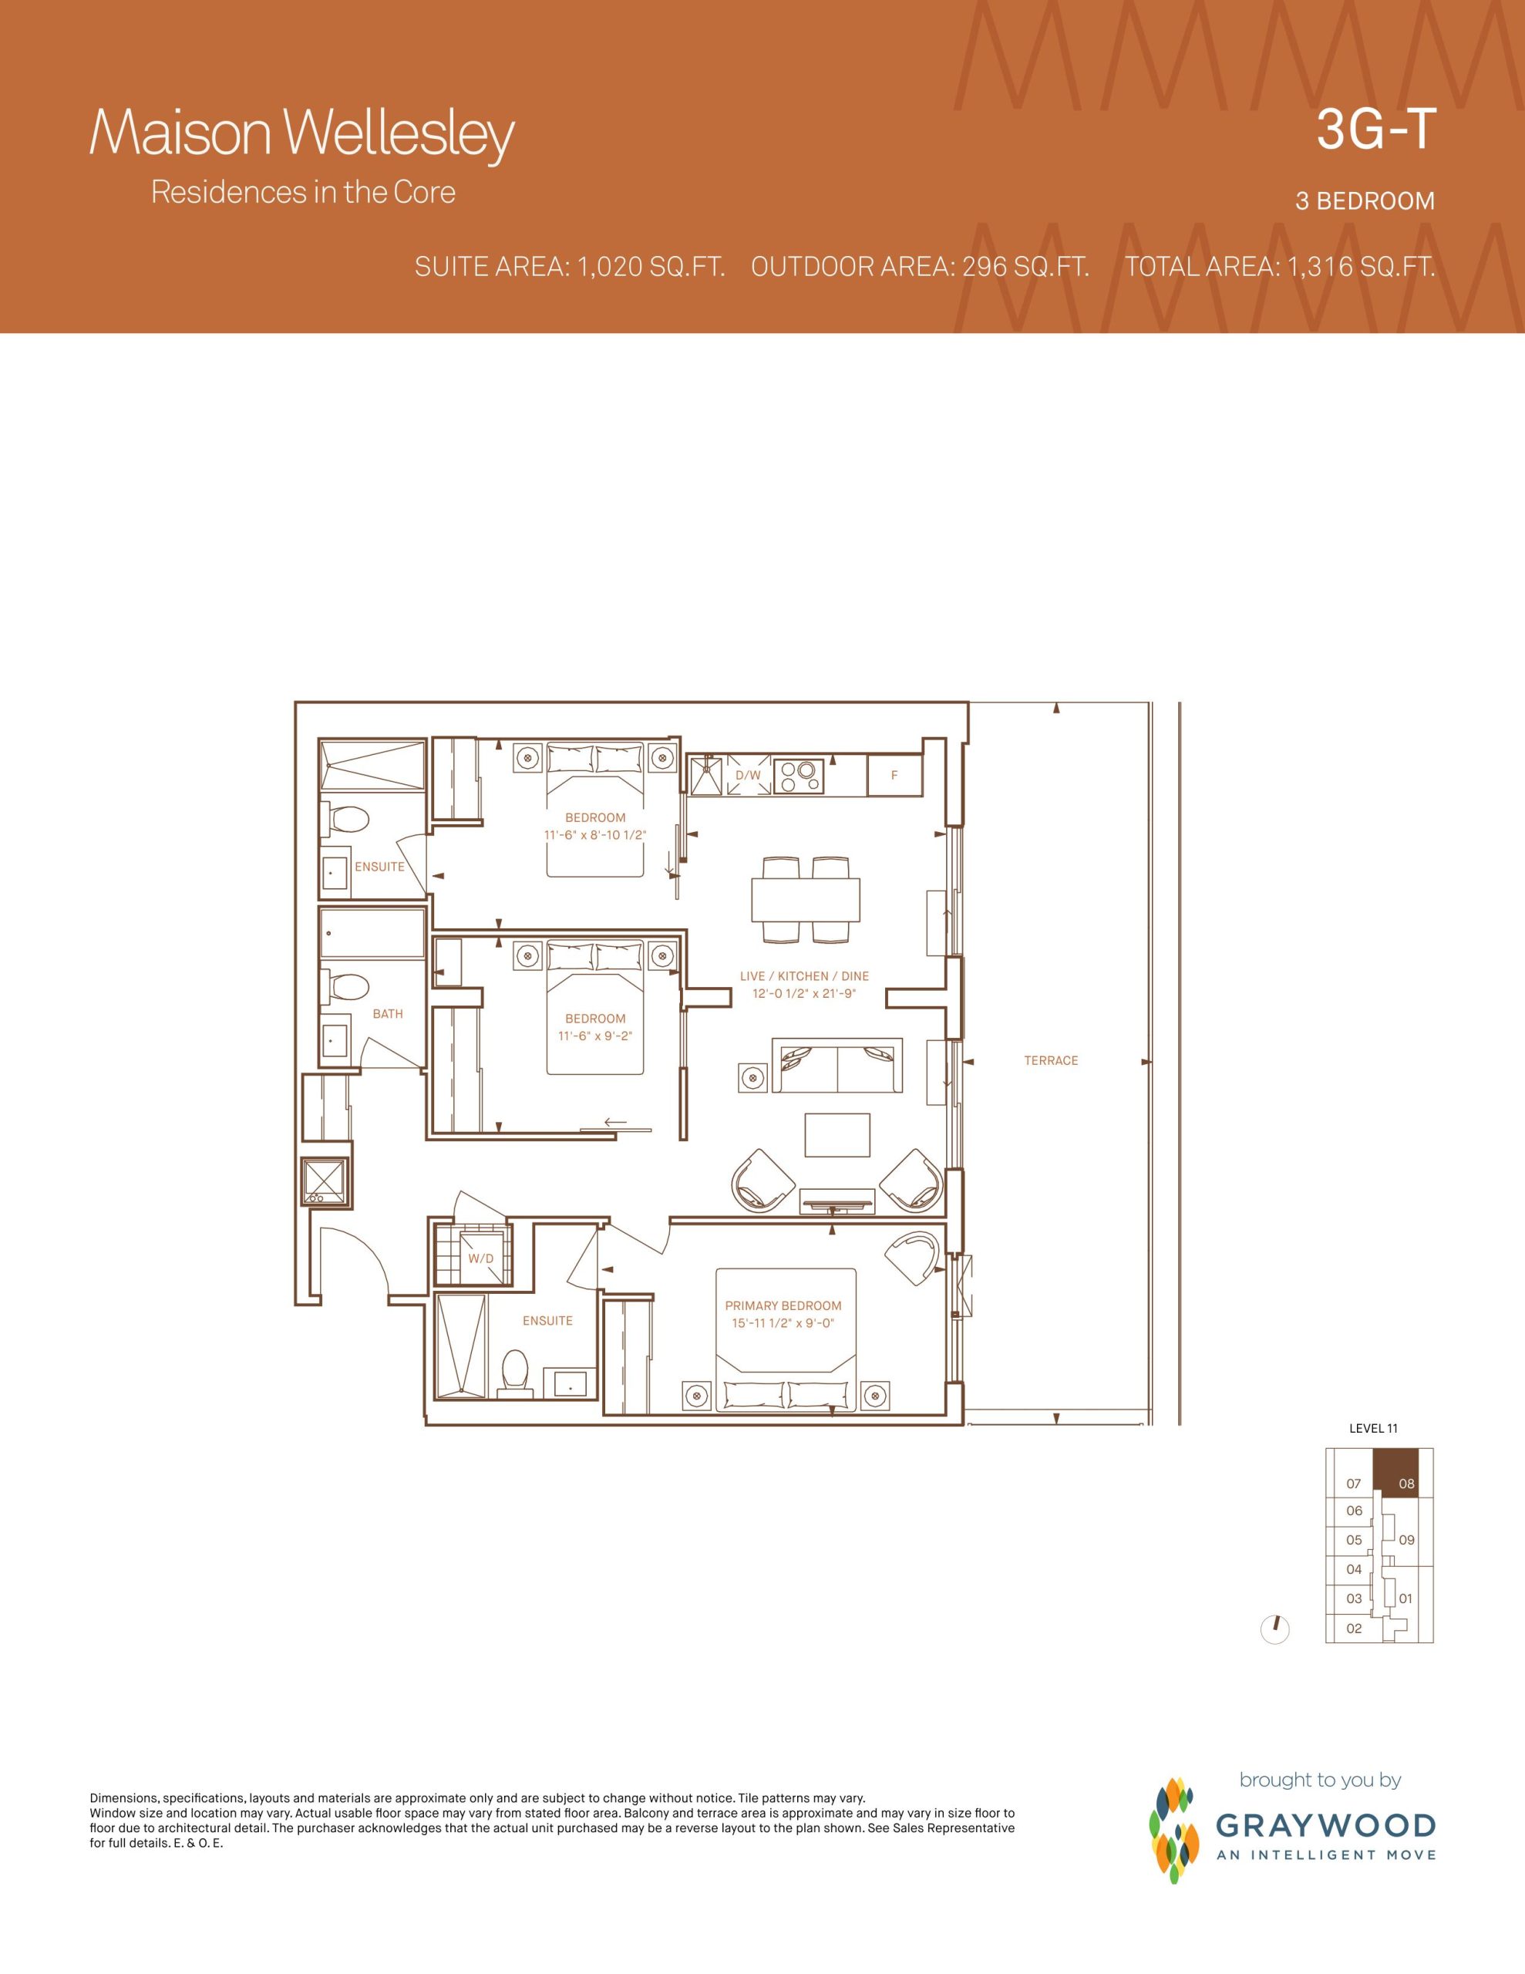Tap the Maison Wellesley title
pos(302,136)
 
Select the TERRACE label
pos(1050,1060)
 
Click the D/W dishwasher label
pos(748,776)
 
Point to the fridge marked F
pos(894,776)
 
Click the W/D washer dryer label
pos(481,1258)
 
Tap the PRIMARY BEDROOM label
pos(783,1305)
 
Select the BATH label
pos(388,1013)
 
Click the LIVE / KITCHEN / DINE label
pos(803,976)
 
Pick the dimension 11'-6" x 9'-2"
pos(595,1036)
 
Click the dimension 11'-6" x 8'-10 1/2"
pos(595,835)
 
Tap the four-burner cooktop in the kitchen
pos(798,776)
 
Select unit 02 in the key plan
pos(1353,1629)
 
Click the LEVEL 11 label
pos(1373,1428)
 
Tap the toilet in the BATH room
pos(347,984)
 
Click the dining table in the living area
pos(806,899)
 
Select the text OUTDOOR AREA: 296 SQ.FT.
pos(919,267)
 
